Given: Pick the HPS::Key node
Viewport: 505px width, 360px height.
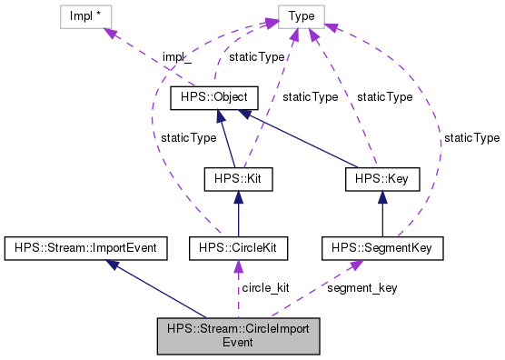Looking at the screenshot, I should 382,179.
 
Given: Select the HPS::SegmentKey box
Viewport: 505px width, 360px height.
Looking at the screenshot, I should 382,246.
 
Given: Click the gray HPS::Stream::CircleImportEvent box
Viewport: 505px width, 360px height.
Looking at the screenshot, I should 237,336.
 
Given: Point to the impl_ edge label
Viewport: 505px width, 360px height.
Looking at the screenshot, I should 178,57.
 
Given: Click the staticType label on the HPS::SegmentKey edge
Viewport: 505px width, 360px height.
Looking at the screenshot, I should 472,137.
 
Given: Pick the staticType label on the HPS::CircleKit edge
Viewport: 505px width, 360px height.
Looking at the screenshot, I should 189,137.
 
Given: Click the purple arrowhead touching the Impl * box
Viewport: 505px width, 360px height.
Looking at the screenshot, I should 113,33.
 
